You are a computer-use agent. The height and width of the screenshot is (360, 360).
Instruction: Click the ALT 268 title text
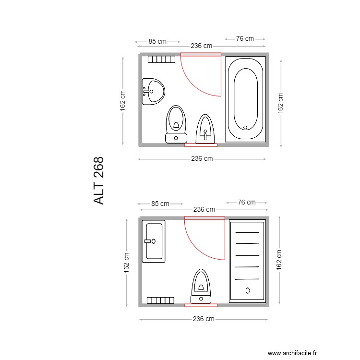pos(99,180)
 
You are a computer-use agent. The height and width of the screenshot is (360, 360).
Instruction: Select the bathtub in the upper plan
pos(246,99)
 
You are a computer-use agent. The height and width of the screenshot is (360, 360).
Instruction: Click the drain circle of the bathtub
pos(245,128)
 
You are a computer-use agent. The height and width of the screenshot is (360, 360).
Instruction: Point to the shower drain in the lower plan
pos(248,290)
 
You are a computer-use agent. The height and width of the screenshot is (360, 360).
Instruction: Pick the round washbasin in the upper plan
pos(153,91)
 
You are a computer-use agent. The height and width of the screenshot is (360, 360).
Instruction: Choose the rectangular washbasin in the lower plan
pos(154,241)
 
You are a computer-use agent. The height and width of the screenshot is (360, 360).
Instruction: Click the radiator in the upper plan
pos(161,59)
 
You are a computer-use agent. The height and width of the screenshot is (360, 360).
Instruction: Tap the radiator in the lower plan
pos(160,300)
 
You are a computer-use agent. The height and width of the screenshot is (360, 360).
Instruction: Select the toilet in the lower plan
pos(201,287)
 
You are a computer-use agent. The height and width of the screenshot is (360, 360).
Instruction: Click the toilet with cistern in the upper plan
pos(176,124)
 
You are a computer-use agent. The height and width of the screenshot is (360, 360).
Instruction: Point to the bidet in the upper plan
pos(205,129)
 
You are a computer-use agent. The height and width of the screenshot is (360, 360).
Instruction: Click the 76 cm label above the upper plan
pos(245,38)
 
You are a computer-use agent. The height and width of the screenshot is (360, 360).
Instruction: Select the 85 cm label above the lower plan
pos(160,204)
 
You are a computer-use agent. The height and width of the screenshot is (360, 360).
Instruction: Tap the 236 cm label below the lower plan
pos(204,319)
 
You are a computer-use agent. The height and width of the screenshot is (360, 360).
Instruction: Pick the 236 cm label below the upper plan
pos(202,159)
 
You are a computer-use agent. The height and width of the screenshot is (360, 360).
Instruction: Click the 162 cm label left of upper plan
pos(123,100)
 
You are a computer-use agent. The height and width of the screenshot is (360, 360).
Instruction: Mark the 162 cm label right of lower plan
pos(279,260)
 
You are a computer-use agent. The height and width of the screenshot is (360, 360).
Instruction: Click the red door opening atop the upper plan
pos(201,55)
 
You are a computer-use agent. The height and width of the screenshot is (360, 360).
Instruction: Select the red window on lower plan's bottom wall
pos(201,305)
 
